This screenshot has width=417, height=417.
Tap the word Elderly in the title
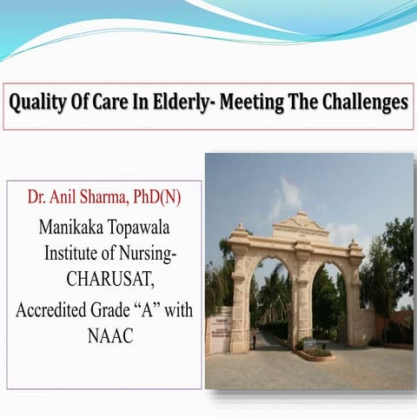191,103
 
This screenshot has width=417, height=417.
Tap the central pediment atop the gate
300,225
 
